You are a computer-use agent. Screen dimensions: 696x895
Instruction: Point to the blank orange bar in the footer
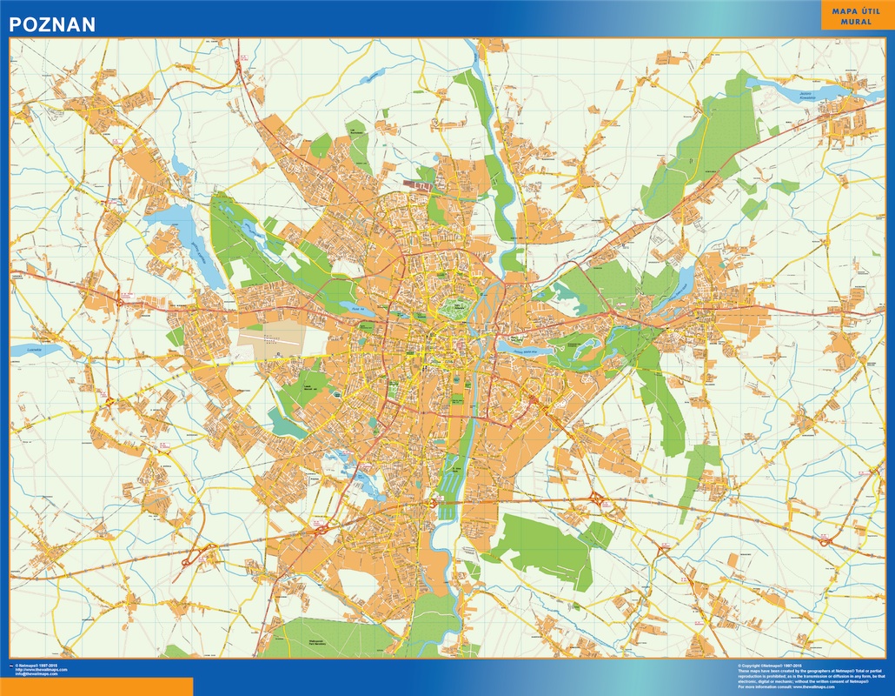pyautogui.click(x=96, y=687)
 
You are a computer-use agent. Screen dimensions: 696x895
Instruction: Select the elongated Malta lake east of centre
pyautogui.click(x=526, y=348)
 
